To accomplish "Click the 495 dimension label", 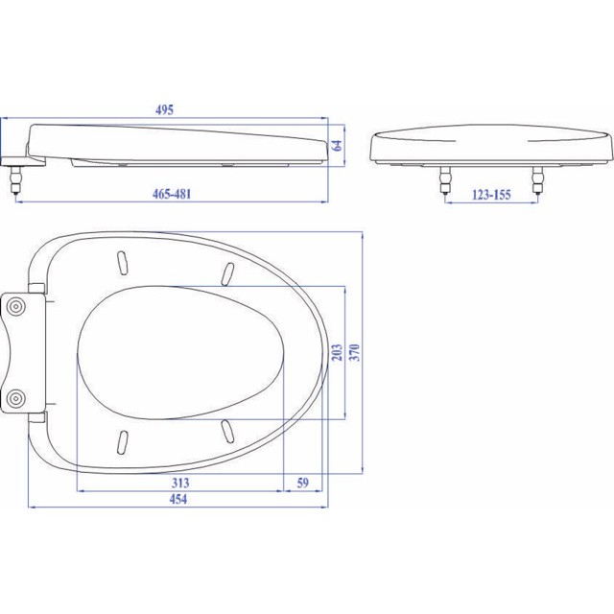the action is [x=164, y=110].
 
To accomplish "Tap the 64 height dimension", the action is [x=337, y=145].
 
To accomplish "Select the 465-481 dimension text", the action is [x=172, y=194].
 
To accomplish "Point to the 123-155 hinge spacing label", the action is [x=491, y=195].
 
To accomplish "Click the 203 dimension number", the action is [x=337, y=352].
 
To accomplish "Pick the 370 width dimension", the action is [x=354, y=352].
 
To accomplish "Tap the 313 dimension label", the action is [x=180, y=483].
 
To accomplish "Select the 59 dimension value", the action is [x=303, y=483].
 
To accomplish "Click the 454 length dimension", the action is [x=178, y=499].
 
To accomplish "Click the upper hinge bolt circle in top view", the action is [x=17, y=306].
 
